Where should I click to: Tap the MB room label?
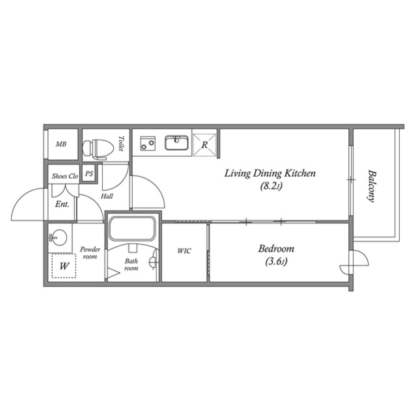click(61, 144)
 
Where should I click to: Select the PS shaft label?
click(89, 174)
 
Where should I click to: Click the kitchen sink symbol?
click(176, 143)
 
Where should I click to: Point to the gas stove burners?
click(148, 144)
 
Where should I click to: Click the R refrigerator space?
click(204, 145)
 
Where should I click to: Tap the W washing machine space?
click(64, 266)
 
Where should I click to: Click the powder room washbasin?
click(59, 238)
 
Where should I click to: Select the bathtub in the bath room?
click(132, 229)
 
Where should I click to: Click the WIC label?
click(184, 251)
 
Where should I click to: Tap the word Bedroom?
click(276, 249)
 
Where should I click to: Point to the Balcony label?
click(372, 186)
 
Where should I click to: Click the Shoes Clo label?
click(65, 176)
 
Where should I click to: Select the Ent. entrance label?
click(62, 204)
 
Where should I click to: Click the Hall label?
click(107, 196)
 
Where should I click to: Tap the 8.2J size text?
click(271, 187)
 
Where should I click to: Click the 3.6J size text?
click(276, 262)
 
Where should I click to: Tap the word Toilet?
click(121, 144)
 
